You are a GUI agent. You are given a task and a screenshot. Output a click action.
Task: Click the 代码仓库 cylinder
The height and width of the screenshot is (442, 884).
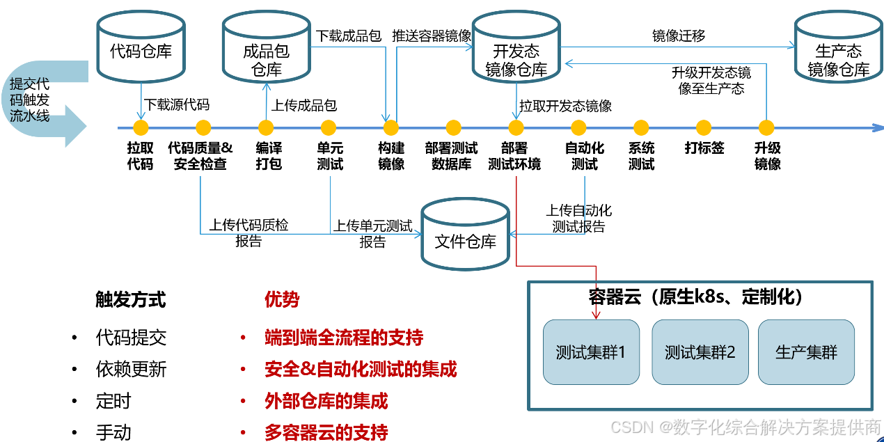(x=141, y=47)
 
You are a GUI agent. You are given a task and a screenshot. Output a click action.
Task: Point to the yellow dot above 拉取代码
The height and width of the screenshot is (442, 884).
(x=141, y=128)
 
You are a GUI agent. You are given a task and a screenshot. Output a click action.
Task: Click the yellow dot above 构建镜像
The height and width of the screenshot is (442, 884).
(x=391, y=128)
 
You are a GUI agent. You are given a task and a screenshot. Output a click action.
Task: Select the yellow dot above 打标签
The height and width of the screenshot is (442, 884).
(x=704, y=128)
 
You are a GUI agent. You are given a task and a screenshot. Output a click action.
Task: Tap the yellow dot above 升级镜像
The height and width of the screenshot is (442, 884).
(x=766, y=128)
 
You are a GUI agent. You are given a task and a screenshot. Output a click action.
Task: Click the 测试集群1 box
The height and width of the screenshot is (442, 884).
(x=591, y=352)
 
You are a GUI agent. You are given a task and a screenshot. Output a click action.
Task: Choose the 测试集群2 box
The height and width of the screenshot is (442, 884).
(x=700, y=352)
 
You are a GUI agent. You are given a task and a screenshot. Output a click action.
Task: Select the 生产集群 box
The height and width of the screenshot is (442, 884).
(x=806, y=352)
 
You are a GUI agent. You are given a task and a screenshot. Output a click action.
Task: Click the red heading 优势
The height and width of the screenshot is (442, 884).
(x=282, y=300)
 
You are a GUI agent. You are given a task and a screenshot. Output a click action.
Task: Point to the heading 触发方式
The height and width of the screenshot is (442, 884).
(x=131, y=300)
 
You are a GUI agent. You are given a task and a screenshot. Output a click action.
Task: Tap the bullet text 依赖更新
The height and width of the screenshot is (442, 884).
(x=131, y=370)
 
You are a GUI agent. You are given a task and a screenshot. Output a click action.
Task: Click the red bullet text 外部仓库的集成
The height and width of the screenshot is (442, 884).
(x=326, y=402)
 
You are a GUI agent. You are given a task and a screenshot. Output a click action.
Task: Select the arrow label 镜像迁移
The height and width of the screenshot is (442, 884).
(x=679, y=36)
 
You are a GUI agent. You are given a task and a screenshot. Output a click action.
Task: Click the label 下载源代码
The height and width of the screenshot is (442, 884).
(x=177, y=105)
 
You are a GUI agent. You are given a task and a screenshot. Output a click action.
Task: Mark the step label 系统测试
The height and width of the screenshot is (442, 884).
(x=641, y=156)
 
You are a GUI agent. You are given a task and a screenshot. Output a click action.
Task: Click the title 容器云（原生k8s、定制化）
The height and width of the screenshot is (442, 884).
(x=696, y=297)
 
